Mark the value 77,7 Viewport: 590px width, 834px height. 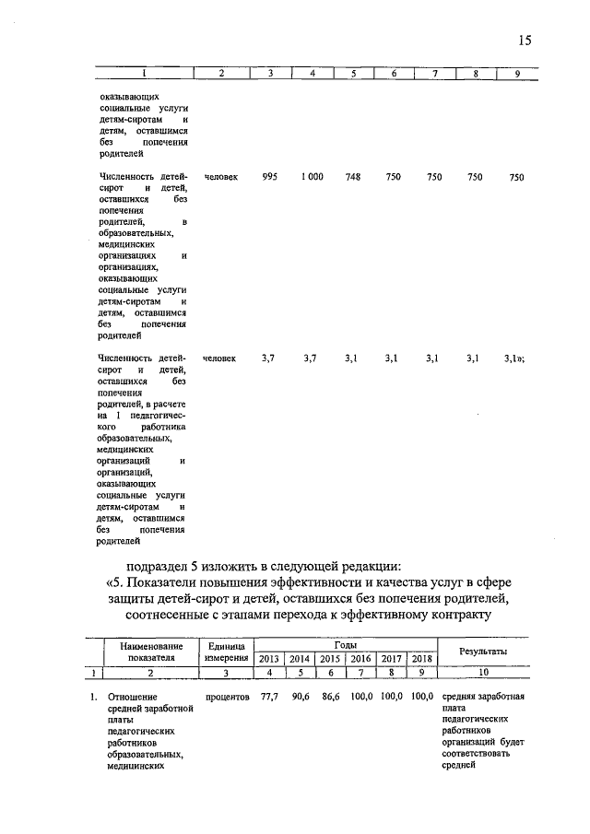pos(270,697)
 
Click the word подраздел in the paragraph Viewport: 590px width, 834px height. pos(160,565)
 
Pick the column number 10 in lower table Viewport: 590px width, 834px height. pos(484,674)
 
